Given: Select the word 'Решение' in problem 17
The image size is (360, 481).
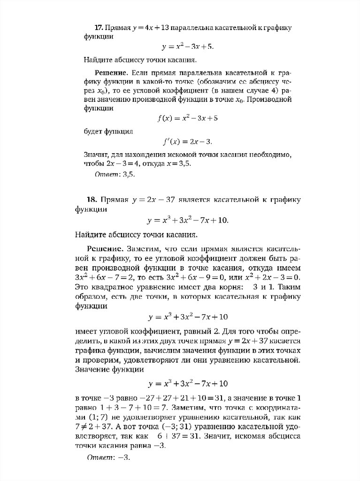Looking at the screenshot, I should click(x=112, y=73).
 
